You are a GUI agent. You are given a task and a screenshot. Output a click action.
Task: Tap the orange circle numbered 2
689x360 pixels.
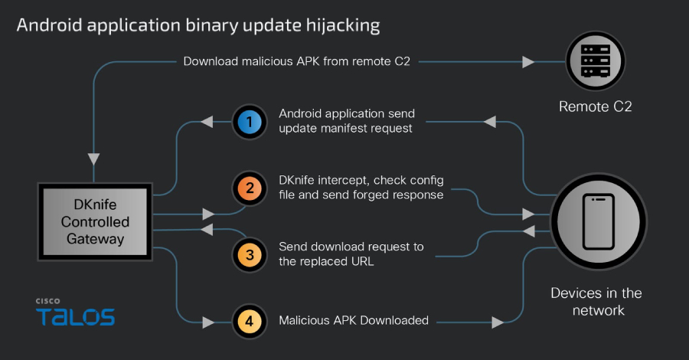tap(249, 188)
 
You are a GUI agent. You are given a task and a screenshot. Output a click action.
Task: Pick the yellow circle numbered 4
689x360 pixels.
tap(249, 320)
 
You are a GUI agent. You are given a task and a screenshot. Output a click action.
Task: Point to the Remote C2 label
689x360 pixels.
tap(595, 107)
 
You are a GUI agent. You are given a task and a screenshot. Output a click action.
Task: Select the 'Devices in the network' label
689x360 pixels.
tap(596, 302)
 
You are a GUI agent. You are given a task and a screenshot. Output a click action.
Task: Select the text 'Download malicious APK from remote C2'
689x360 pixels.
tap(297, 61)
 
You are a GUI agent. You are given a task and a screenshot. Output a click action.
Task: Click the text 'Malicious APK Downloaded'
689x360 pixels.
tap(353, 320)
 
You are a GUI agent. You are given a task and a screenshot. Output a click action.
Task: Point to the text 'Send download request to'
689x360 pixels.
tap(351, 247)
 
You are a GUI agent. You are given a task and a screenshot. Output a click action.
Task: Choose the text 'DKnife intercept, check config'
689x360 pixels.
tap(361, 180)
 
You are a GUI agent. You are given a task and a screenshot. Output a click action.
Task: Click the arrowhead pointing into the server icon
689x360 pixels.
tap(528, 61)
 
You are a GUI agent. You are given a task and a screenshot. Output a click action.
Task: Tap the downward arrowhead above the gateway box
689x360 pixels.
tap(93, 159)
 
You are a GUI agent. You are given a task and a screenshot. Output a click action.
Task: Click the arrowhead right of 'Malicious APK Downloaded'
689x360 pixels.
tap(498, 320)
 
